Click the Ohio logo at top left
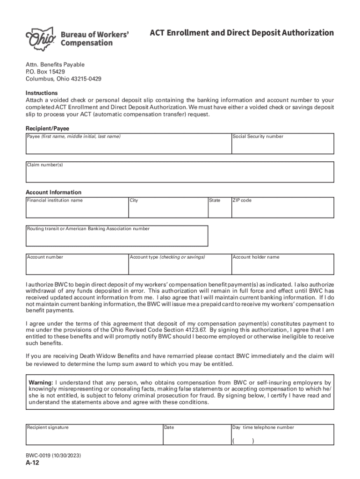[41, 37]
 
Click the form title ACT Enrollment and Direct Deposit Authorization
[242, 33]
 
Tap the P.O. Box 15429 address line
[45, 72]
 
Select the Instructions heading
[42, 93]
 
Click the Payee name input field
[129, 146]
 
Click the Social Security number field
[283, 146]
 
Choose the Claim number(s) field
[180, 174]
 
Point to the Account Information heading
[53, 192]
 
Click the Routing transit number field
[117, 238]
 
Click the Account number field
[77, 266]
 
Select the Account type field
[180, 266]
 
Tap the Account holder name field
[283, 266]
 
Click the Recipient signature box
[94, 437]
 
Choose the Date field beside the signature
[197, 437]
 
